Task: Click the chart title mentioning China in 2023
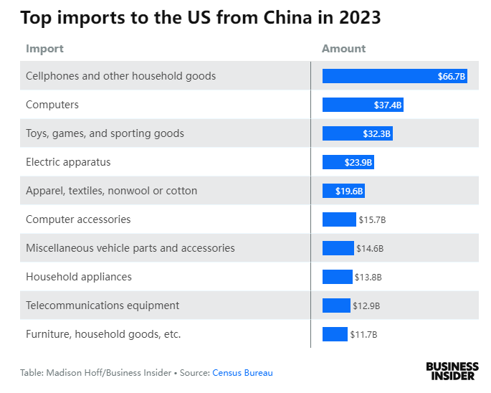(200, 19)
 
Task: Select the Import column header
(44, 49)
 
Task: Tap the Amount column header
(343, 49)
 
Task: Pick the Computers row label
(52, 105)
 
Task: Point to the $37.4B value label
(388, 105)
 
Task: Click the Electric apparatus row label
(68, 162)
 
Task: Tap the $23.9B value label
(358, 162)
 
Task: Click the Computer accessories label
(78, 219)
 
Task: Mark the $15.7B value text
(372, 219)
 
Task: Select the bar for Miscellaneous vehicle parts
(338, 248)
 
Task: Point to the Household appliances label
(79, 277)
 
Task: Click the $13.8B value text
(368, 277)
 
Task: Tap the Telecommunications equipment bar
(336, 306)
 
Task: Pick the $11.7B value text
(363, 334)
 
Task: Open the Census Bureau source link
(242, 373)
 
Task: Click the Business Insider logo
(452, 370)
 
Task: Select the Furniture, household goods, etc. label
(103, 334)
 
